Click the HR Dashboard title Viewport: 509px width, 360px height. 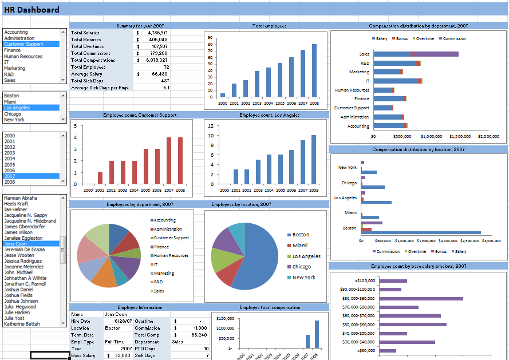pyautogui.click(x=31, y=10)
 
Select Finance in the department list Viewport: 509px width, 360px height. pyautogui.click(x=12, y=50)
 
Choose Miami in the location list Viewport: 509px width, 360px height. pyautogui.click(x=11, y=101)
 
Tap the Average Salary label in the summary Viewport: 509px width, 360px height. pyautogui.click(x=87, y=74)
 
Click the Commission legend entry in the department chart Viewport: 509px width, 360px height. pyautogui.click(x=453, y=39)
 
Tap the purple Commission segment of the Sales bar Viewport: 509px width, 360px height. pyautogui.click(x=436, y=54)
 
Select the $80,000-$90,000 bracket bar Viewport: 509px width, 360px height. pyautogui.click(x=421, y=298)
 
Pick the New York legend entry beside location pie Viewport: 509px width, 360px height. pyautogui.click(x=303, y=278)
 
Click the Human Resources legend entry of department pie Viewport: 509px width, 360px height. pyautogui.click(x=171, y=256)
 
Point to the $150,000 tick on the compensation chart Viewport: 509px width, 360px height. pyautogui.click(x=224, y=318)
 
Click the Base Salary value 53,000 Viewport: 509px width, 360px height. pyautogui.click(x=122, y=356)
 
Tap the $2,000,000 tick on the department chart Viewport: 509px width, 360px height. pyautogui.click(x=488, y=137)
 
